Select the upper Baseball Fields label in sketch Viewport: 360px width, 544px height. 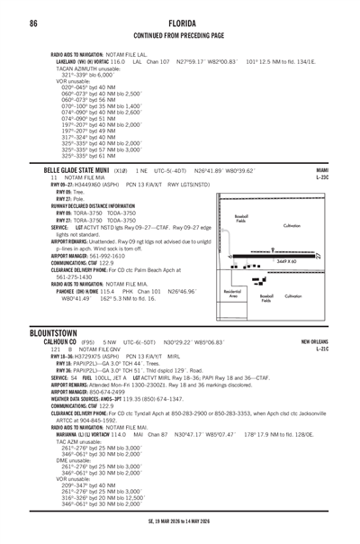pos(241,219)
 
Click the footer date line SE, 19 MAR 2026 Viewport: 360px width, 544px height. pos(179,520)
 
